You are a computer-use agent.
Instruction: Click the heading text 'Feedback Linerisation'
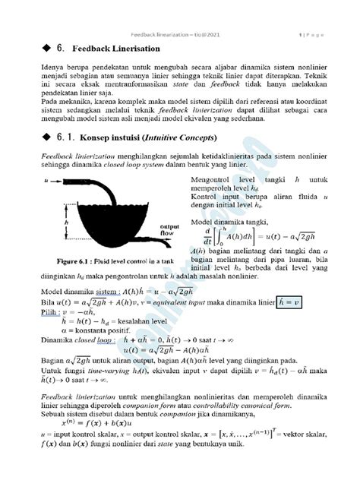click(x=116, y=49)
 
